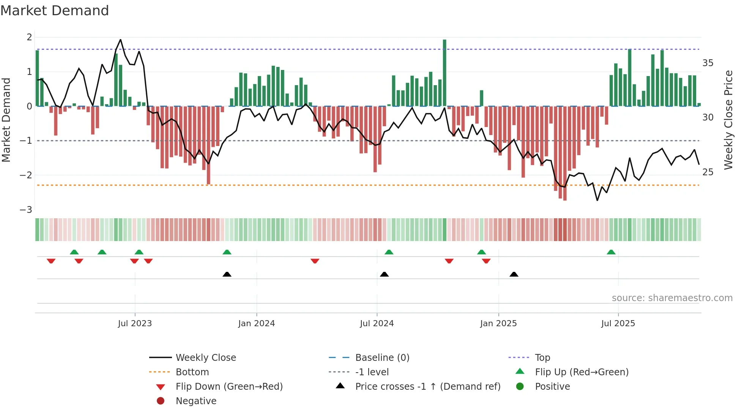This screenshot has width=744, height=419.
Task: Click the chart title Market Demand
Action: click(x=55, y=11)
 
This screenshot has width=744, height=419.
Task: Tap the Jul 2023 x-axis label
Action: click(x=135, y=324)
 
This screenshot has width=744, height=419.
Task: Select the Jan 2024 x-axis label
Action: click(x=256, y=324)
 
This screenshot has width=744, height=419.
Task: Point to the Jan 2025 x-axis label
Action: click(x=498, y=324)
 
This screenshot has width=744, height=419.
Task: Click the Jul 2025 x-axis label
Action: click(x=618, y=324)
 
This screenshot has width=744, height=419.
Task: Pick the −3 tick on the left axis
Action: click(x=26, y=210)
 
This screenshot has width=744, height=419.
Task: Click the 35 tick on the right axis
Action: click(x=708, y=63)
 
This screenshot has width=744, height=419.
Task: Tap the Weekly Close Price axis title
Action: click(x=728, y=120)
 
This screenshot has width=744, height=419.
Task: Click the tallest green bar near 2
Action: click(x=445, y=72)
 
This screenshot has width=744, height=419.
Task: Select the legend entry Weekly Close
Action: click(x=205, y=358)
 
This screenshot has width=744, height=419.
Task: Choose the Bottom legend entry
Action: click(x=192, y=372)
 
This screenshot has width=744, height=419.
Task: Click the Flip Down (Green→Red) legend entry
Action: click(x=229, y=387)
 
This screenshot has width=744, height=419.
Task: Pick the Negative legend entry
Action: click(x=196, y=401)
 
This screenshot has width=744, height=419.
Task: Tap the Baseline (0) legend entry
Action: click(x=382, y=358)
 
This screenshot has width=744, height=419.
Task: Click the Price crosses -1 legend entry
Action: click(x=427, y=387)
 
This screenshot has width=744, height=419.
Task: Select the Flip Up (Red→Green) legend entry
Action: click(x=582, y=372)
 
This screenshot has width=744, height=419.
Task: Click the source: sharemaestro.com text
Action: click(x=672, y=298)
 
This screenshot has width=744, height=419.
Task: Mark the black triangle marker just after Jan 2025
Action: click(x=514, y=274)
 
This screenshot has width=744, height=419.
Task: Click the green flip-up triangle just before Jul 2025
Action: click(x=611, y=252)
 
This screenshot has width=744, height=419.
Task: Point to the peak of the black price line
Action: click(x=120, y=40)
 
